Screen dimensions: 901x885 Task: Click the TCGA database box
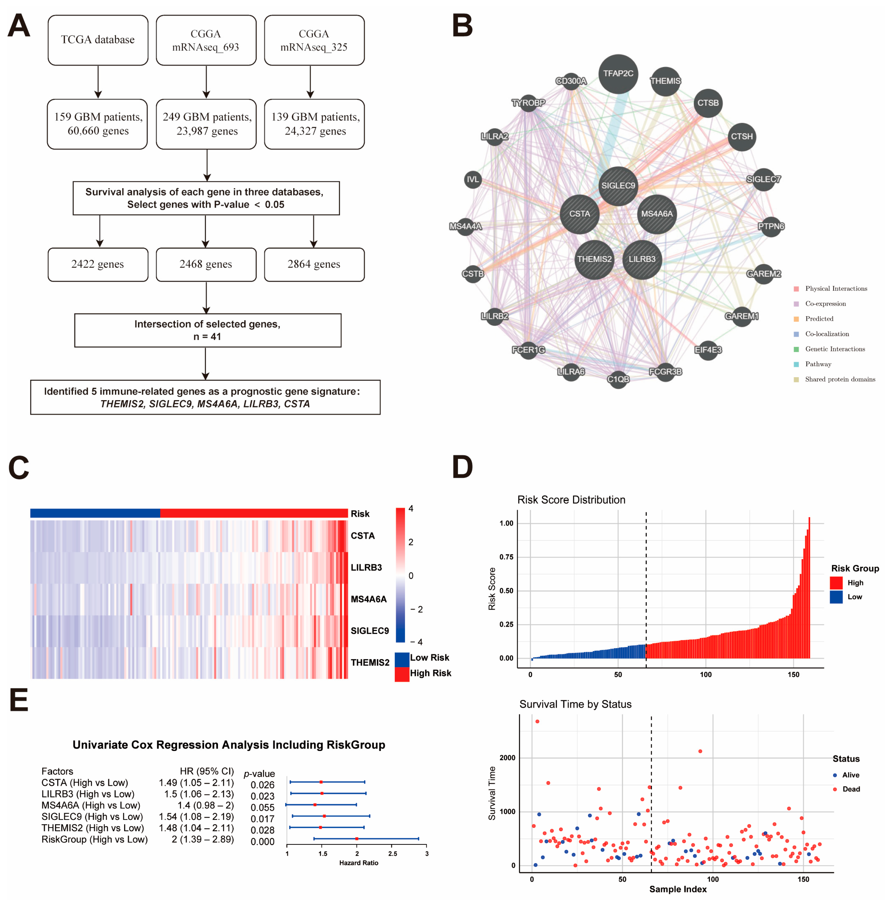pos(98,40)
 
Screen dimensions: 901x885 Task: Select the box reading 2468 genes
pos(206,264)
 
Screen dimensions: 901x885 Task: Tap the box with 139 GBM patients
pos(315,124)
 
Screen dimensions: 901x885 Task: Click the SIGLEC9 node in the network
pos(618,186)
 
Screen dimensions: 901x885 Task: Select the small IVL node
pos(473,179)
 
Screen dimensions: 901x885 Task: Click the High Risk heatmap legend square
pos(402,674)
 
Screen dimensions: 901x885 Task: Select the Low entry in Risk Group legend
pos(854,597)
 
